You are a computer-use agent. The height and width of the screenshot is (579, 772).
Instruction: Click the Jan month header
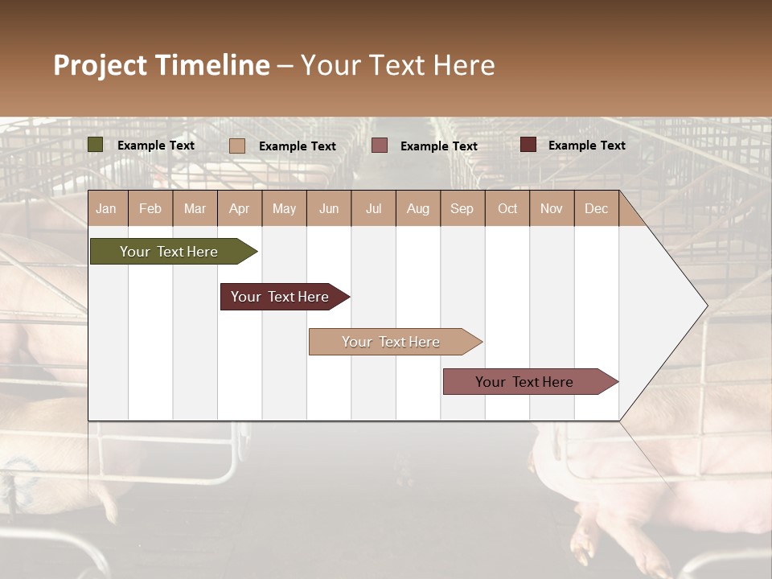click(x=106, y=209)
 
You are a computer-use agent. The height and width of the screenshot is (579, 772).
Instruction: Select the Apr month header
click(x=240, y=209)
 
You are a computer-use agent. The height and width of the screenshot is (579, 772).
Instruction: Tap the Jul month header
click(x=373, y=209)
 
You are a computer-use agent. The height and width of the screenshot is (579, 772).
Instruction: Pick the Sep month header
click(x=462, y=209)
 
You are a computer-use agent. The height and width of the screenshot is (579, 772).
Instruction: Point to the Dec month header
click(x=596, y=209)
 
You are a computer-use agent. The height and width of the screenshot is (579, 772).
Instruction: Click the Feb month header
click(x=150, y=209)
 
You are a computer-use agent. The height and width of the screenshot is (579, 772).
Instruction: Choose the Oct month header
click(x=507, y=209)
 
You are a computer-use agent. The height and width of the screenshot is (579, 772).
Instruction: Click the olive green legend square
click(x=96, y=145)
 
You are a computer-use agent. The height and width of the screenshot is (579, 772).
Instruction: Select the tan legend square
click(x=237, y=146)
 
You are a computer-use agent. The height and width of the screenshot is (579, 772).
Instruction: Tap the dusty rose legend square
click(x=380, y=146)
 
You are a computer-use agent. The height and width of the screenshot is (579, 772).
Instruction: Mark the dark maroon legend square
click(x=528, y=145)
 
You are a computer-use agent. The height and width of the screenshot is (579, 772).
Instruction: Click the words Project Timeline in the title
click(x=162, y=65)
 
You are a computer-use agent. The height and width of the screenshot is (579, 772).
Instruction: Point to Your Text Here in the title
click(x=397, y=65)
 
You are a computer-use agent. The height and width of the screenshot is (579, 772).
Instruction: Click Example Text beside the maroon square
click(x=586, y=146)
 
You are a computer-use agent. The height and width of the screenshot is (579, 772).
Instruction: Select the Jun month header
click(x=329, y=209)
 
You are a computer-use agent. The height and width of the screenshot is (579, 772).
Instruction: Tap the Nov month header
click(x=552, y=209)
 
